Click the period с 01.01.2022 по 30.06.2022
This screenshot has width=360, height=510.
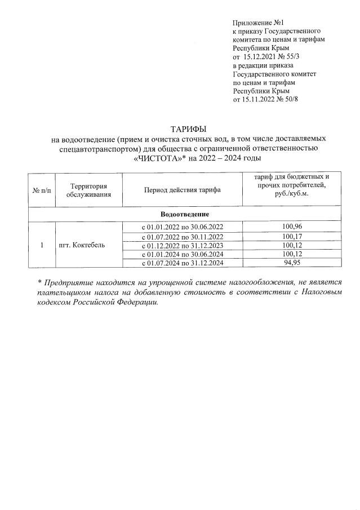point(182,227)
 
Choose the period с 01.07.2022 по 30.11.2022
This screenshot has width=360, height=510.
point(182,236)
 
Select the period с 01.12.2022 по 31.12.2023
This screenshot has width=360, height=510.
point(182,245)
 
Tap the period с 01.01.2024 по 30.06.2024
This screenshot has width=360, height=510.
point(182,254)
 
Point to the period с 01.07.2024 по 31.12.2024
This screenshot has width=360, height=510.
point(182,263)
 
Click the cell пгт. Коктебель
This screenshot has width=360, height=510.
point(82,245)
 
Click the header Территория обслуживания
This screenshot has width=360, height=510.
point(88,190)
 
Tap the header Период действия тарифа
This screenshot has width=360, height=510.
point(182,190)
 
